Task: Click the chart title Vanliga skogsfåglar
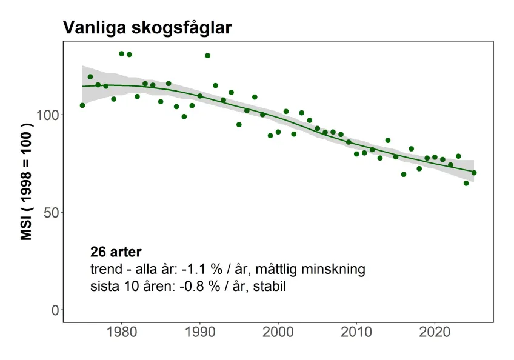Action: click(x=147, y=28)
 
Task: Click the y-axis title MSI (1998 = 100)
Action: click(x=27, y=182)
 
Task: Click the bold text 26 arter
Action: click(x=115, y=252)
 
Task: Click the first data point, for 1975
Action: click(x=82, y=105)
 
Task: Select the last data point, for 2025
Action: click(x=474, y=173)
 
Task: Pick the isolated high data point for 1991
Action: click(x=207, y=56)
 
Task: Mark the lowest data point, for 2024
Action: click(x=466, y=183)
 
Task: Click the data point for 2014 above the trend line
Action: click(x=388, y=141)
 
